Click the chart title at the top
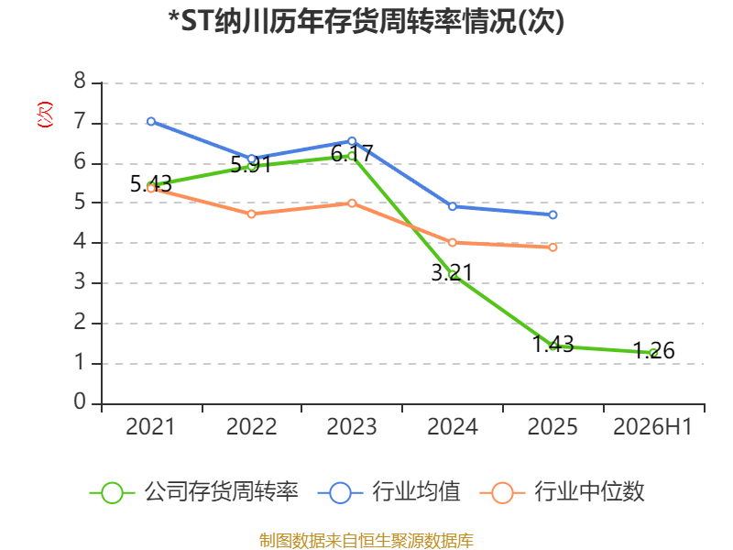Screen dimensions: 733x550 [366, 21]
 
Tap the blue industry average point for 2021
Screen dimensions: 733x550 [151, 122]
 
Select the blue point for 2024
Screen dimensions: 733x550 [453, 206]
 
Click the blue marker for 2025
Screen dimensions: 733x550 [553, 214]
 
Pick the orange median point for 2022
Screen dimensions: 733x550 [251, 214]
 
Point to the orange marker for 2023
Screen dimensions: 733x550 [352, 203]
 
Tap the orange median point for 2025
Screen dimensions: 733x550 [553, 247]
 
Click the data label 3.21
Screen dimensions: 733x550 [452, 272]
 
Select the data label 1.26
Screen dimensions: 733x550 [654, 351]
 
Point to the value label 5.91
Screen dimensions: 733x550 [251, 164]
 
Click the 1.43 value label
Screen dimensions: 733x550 [553, 345]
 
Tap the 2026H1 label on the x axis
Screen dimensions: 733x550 [652, 427]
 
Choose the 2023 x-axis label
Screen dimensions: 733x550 [352, 427]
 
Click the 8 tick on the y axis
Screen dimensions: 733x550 [80, 81]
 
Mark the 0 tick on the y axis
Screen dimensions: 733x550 [80, 401]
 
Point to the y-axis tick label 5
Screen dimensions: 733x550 [80, 202]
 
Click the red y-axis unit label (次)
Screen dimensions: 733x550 [45, 115]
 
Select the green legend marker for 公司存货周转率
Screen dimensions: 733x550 [112, 493]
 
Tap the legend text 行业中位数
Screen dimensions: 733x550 [589, 492]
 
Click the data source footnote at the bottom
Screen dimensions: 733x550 [366, 541]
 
